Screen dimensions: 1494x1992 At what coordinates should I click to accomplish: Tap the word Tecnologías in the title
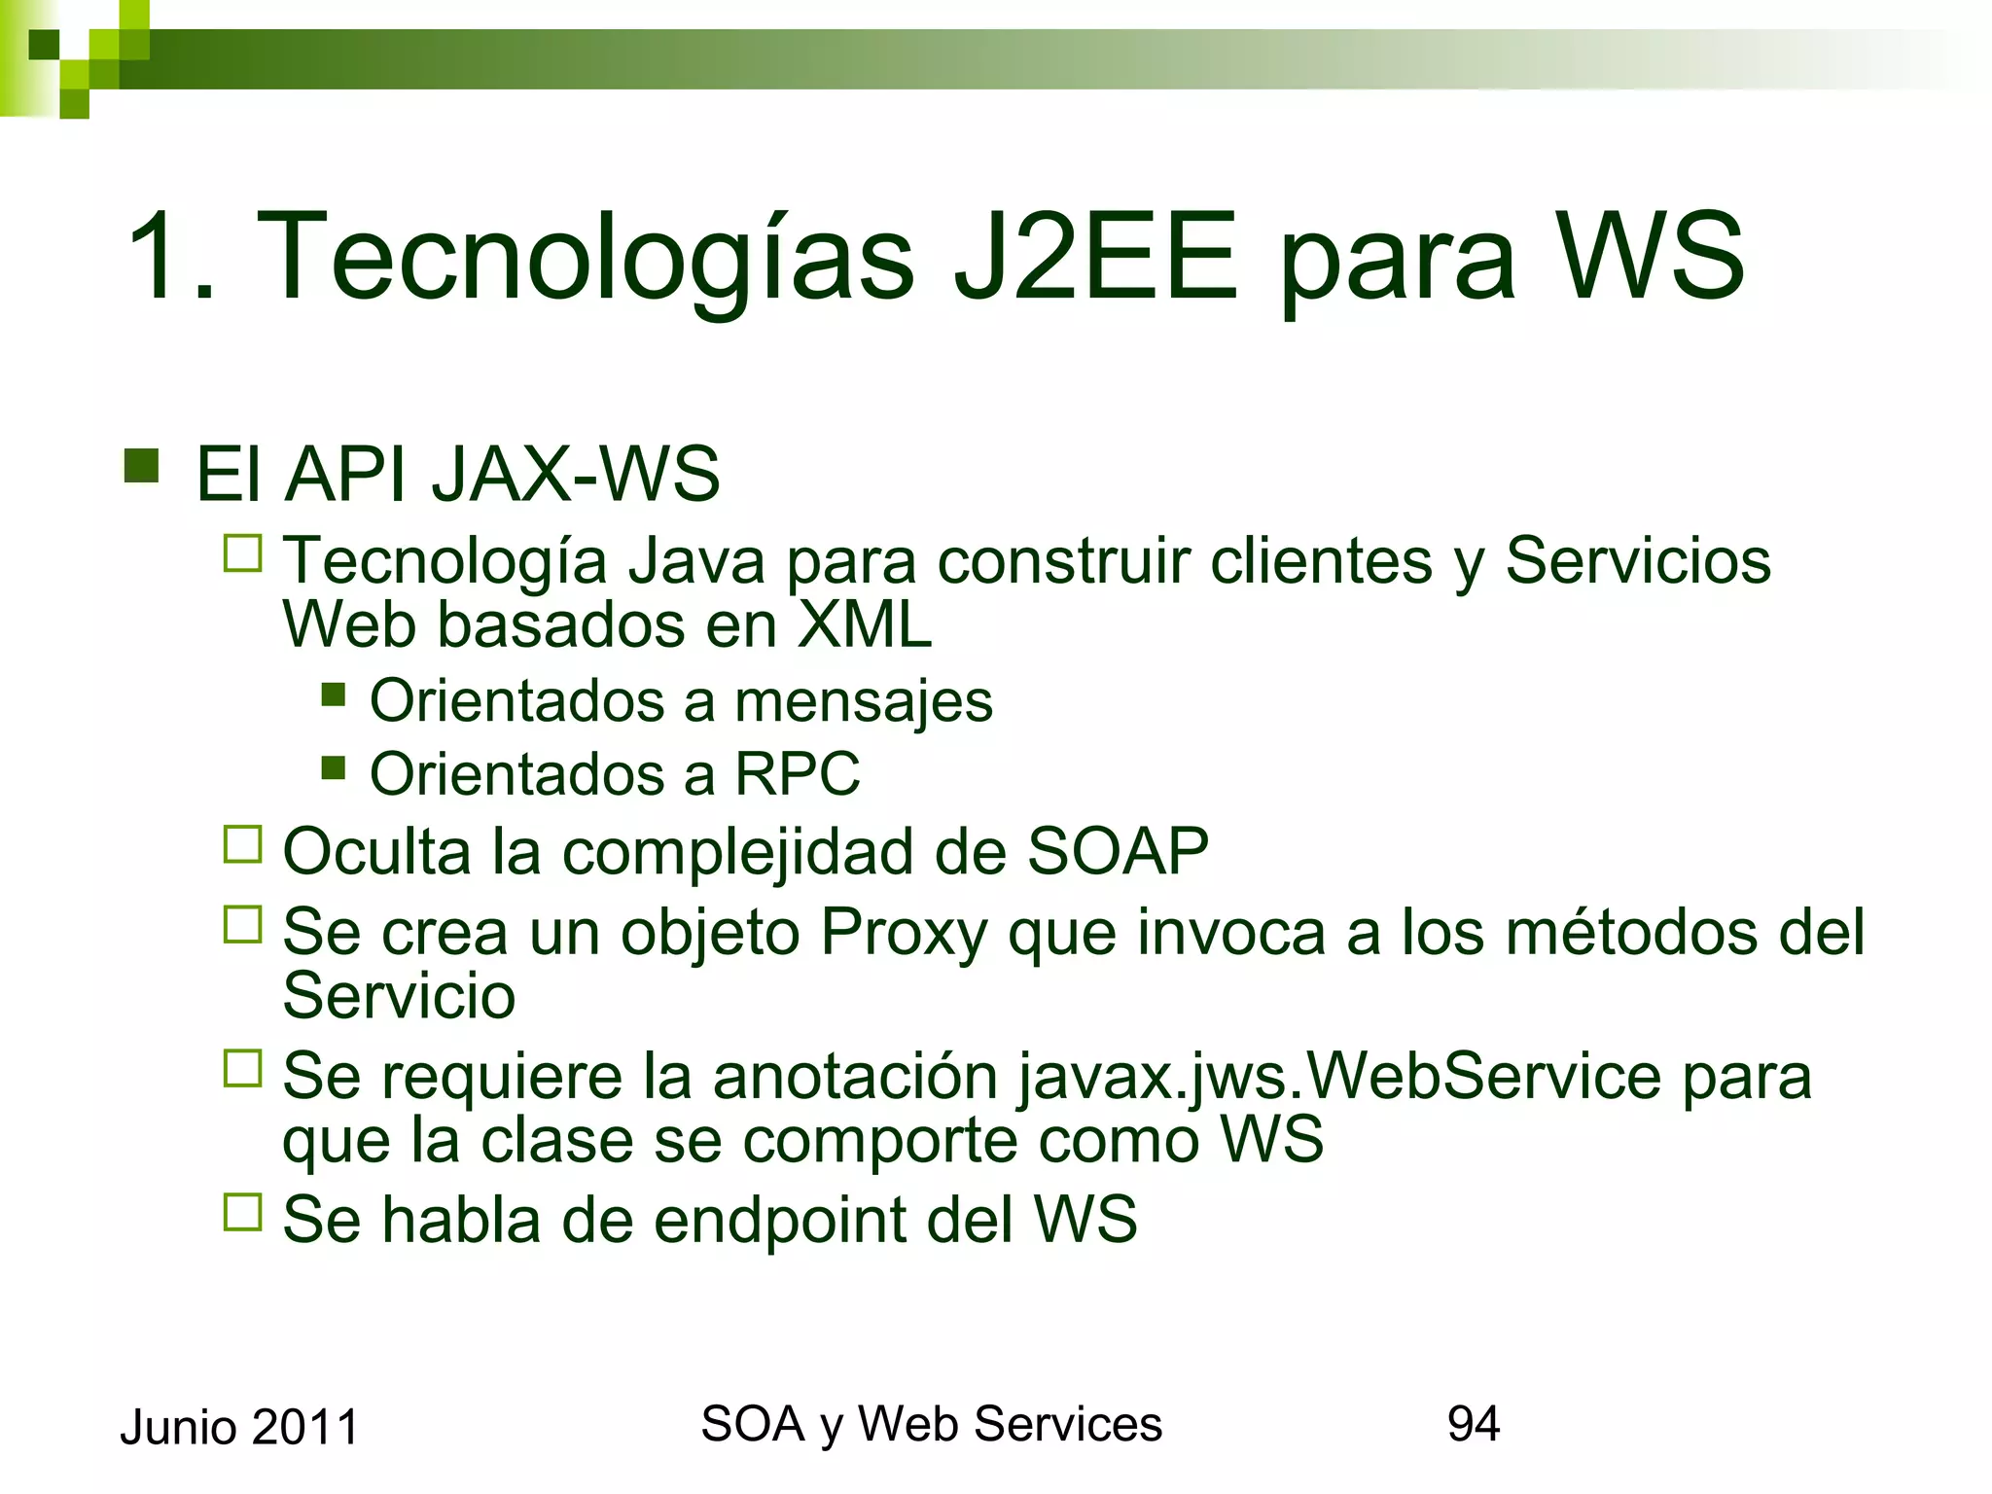click(x=585, y=258)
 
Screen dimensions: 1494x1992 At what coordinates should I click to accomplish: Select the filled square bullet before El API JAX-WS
click(x=142, y=466)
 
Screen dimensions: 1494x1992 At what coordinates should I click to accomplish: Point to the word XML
click(x=865, y=624)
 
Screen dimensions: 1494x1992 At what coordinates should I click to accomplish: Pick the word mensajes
click(x=864, y=702)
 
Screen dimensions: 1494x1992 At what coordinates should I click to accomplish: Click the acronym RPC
click(x=798, y=774)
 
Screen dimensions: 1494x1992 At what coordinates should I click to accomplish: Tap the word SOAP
click(x=1118, y=851)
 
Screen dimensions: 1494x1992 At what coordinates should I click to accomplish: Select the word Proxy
click(x=904, y=933)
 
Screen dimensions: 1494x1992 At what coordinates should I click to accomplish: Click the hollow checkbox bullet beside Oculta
click(x=243, y=844)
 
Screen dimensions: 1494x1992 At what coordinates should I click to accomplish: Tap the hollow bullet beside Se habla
click(x=243, y=1212)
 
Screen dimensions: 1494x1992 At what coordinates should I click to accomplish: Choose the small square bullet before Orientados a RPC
click(x=334, y=768)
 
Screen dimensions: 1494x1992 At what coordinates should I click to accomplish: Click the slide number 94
click(x=1474, y=1424)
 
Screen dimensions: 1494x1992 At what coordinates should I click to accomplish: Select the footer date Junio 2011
click(x=239, y=1428)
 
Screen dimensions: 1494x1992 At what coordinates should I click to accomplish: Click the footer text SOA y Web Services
click(x=931, y=1424)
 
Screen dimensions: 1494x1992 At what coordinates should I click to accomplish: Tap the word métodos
click(x=1631, y=932)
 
